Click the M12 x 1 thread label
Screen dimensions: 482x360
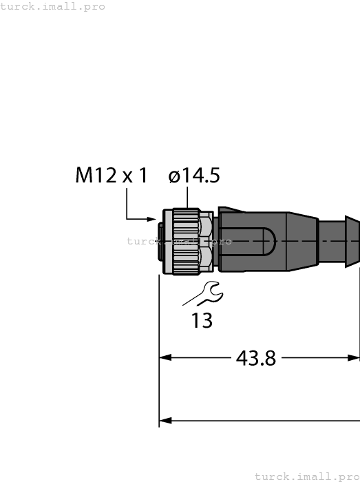point(112,176)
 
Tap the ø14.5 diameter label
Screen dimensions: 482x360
point(194,176)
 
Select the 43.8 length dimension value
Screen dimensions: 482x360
point(255,358)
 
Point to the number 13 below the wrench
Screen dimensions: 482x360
point(202,321)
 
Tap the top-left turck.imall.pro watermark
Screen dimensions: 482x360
point(53,6)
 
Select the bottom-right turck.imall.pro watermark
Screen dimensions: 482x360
point(307,476)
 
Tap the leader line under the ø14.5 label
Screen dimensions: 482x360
point(186,198)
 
